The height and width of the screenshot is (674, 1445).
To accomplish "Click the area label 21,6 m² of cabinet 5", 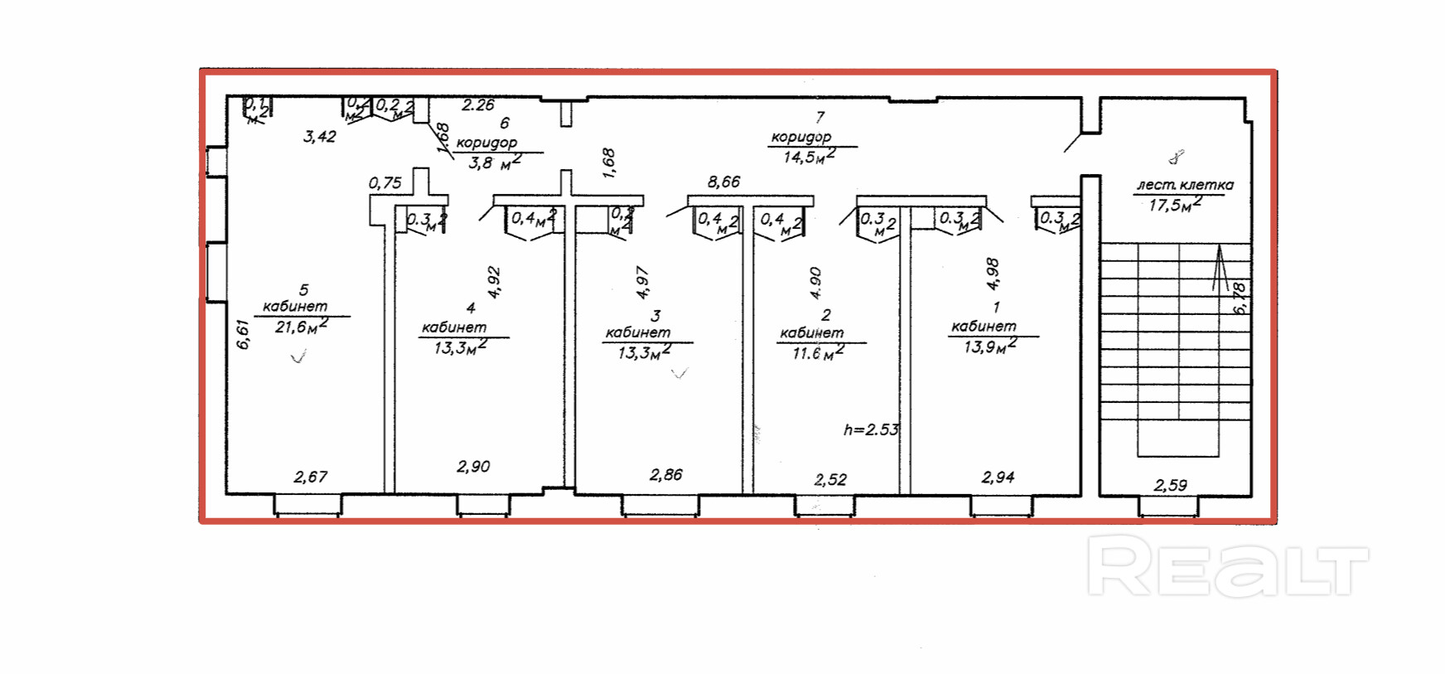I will pos(301,327).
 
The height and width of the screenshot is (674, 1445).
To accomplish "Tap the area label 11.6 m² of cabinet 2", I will pos(818,353).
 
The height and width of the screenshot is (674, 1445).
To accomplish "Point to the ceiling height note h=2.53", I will pos(871,429).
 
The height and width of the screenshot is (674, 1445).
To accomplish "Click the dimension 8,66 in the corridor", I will pos(723,182).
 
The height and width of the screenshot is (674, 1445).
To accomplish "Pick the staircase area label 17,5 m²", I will pos(1175,205).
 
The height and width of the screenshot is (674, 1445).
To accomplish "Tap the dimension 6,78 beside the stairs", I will pos(1240,298).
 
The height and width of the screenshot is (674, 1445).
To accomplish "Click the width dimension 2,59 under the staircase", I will pos(1170,485).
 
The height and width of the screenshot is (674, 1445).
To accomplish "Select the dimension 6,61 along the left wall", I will pos(243,334).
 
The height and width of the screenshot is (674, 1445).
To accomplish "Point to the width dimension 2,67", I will pos(311,477).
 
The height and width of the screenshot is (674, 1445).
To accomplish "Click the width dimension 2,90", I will pos(473,467).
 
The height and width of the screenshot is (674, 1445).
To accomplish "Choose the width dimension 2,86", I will pos(666,475).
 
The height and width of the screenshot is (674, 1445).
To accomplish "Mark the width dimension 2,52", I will pos(830,479).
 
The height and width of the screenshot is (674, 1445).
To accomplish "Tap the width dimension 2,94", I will pos(998,477).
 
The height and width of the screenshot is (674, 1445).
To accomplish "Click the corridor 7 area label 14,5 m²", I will pos(809,156).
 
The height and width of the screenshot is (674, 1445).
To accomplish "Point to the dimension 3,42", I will pos(320,137).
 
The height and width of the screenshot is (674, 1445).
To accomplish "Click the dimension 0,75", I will pos(384,183).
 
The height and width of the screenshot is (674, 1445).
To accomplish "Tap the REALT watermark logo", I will pos(1227,565).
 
